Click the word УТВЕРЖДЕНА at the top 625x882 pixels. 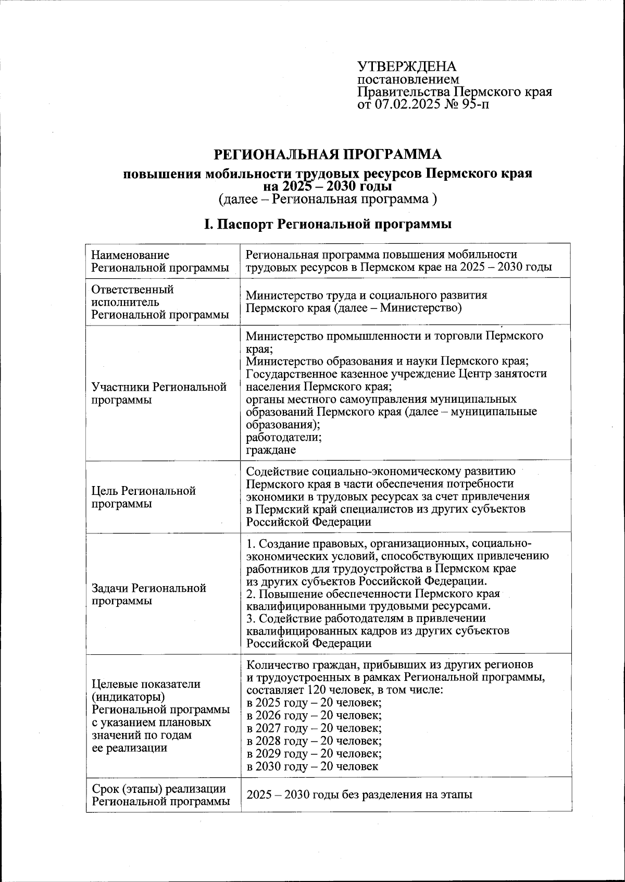pos(406,67)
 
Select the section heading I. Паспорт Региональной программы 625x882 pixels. pos(328,225)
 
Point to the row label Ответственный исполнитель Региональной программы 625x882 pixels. pos(160,302)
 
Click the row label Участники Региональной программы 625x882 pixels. pos(159,393)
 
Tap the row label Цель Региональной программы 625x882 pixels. pos(143,497)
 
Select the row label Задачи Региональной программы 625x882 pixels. pos(148,594)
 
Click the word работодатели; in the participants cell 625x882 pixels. pos(283,437)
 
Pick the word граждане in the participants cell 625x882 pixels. pos(271,450)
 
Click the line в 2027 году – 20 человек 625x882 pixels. pos(314,728)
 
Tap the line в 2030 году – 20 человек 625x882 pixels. pos(312,766)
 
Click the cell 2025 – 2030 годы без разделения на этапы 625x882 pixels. pos(359,795)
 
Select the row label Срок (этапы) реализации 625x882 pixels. pos(158,789)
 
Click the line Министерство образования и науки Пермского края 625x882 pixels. pos(387,361)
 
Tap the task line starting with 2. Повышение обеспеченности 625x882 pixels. pos(373,594)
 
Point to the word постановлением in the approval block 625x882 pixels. pos(408,80)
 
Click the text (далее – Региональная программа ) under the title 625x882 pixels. pos(328,199)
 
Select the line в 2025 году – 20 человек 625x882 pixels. pos(314,703)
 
